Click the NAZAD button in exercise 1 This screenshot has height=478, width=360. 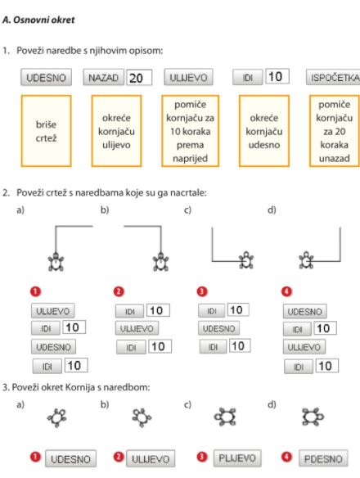(104, 78)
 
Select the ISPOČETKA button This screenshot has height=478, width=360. (333, 78)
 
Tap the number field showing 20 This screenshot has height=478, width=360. (139, 78)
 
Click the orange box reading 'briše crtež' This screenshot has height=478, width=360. (46, 131)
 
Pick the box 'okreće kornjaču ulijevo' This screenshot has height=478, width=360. (116, 131)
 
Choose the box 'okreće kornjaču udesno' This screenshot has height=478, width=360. (264, 131)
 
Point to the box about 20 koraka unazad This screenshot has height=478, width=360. (335, 131)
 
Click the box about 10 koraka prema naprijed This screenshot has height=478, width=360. (190, 131)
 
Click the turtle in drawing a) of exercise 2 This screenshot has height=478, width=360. (56, 262)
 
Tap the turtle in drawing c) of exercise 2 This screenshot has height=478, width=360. (246, 260)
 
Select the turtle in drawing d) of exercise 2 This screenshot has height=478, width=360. (306, 260)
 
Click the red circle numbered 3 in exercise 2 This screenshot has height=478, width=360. (202, 291)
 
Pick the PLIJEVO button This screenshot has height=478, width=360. (237, 458)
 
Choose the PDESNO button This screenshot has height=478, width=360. (323, 458)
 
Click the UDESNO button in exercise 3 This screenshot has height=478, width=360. (70, 458)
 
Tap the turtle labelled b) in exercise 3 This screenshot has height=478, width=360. (142, 417)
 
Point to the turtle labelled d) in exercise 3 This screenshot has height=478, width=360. (313, 417)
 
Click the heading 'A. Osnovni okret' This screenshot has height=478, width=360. (38, 20)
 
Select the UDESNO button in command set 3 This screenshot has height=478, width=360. (219, 328)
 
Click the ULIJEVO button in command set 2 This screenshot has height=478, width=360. (137, 329)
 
